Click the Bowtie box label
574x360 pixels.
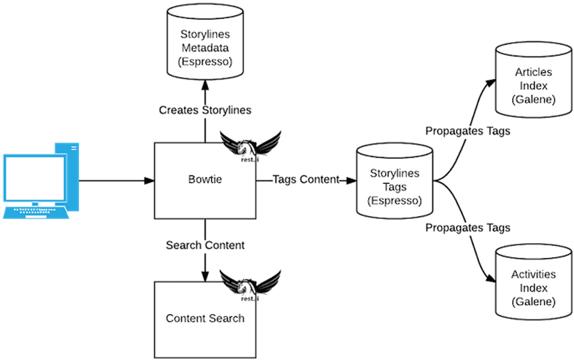[205, 179]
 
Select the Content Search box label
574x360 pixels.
[205, 319]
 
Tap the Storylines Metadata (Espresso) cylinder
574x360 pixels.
[205, 41]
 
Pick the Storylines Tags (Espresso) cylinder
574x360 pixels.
[395, 181]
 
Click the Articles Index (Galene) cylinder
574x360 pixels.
[533, 80]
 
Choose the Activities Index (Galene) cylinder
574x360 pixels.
[533, 282]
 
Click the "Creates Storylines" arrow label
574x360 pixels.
[205, 110]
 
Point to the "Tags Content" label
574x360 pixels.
[306, 179]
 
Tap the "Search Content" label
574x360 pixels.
[205, 245]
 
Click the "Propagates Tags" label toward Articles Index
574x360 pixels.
[468, 131]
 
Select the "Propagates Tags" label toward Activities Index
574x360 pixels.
[468, 228]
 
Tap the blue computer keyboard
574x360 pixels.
[36, 213]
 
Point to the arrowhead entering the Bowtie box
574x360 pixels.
[149, 181]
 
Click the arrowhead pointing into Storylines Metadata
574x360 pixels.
[205, 86]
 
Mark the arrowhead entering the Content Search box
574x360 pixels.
[205, 276]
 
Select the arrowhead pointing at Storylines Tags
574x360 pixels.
[351, 181]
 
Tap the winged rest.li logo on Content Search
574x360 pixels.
[251, 286]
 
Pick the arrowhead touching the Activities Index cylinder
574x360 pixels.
[491, 278]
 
